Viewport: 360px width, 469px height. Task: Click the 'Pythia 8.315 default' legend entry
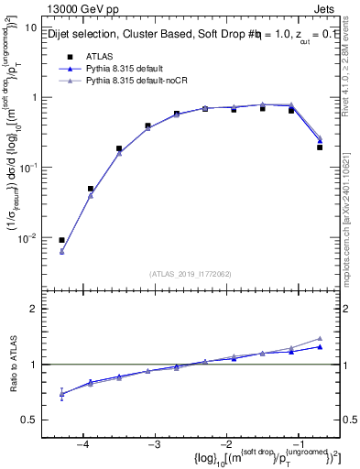pos(128,69)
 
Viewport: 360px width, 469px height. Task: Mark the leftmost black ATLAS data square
pos(61,240)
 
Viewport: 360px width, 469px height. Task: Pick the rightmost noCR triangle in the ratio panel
pos(320,338)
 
